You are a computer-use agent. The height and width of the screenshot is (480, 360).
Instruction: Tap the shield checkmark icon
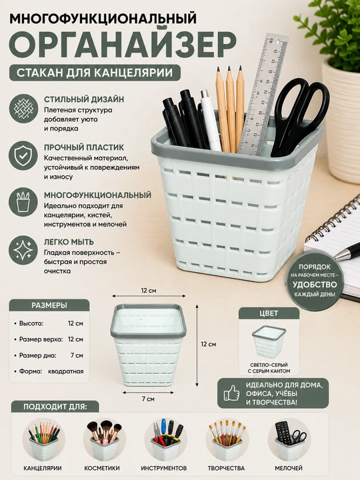pyautogui.click(x=23, y=156)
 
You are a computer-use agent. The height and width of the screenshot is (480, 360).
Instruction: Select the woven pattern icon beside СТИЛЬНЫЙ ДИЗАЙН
pyautogui.click(x=23, y=109)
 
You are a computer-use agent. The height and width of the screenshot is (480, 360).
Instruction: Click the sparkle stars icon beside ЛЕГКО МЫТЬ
pyautogui.click(x=23, y=251)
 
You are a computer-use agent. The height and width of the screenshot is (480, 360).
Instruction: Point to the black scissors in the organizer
pyautogui.click(x=299, y=116)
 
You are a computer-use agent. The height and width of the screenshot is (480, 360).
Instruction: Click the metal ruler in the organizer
pyautogui.click(x=263, y=92)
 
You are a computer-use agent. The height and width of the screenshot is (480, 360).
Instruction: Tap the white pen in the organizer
pyautogui.click(x=211, y=120)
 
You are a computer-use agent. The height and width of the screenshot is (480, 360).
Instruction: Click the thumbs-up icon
pyautogui.click(x=231, y=393)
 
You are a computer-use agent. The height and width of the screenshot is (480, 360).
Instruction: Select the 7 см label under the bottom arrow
pyautogui.click(x=148, y=399)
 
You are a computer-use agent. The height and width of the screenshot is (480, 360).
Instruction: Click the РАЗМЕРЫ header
pyautogui.click(x=49, y=305)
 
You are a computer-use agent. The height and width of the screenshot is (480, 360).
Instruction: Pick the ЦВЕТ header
pyautogui.click(x=269, y=313)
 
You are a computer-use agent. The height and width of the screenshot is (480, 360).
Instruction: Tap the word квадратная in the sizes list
pyautogui.click(x=66, y=371)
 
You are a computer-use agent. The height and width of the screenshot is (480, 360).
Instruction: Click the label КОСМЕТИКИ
pyautogui.click(x=102, y=468)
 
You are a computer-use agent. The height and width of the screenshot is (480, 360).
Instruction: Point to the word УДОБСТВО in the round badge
pyautogui.click(x=315, y=285)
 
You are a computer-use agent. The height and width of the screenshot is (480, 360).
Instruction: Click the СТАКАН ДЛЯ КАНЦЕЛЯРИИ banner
pyautogui.click(x=95, y=73)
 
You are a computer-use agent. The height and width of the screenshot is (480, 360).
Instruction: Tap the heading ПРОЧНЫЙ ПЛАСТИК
pyautogui.click(x=84, y=147)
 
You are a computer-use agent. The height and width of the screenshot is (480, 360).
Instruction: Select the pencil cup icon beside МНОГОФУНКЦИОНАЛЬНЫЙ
pyautogui.click(x=23, y=203)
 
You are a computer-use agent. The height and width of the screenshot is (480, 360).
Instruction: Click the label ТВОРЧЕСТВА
pyautogui.click(x=226, y=468)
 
